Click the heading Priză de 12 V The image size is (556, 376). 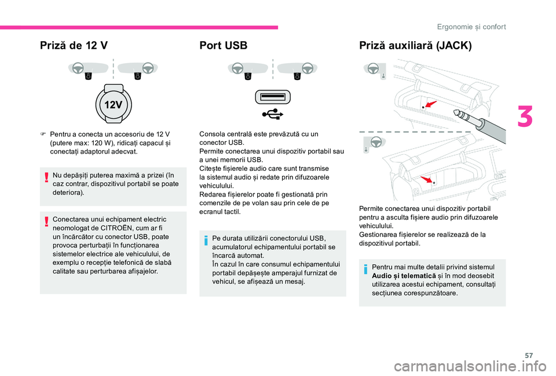pyautogui.click(x=73, y=46)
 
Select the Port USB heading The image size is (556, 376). pyautogui.click(x=222, y=46)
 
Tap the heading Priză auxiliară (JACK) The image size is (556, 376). pyautogui.click(x=415, y=46)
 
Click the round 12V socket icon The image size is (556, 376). pyautogui.click(x=113, y=104)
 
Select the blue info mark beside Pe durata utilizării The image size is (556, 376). pyautogui.click(x=206, y=242)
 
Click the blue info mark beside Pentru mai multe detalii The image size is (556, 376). pyautogui.click(x=366, y=272)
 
